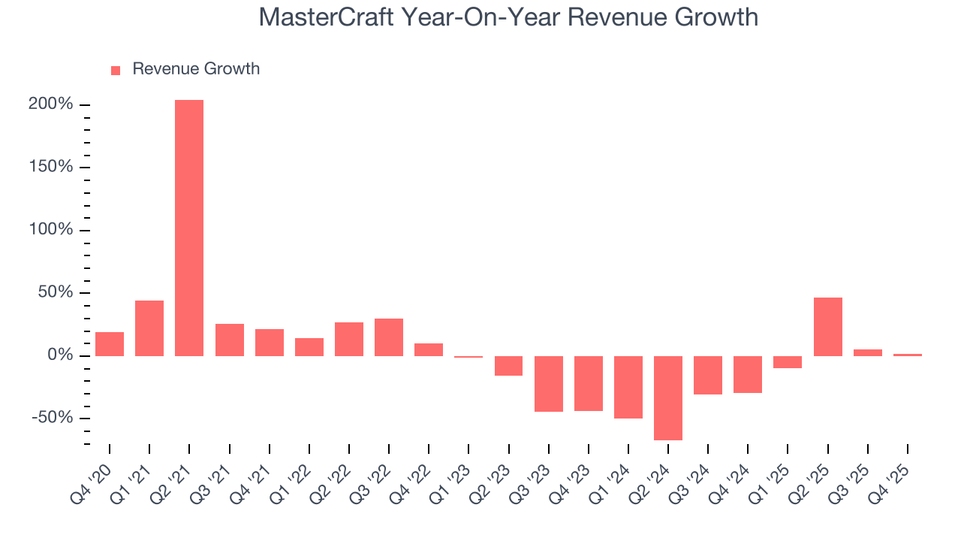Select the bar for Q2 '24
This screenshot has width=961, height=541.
click(668, 397)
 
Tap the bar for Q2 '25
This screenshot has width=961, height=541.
click(828, 326)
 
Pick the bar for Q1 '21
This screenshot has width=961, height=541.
click(149, 328)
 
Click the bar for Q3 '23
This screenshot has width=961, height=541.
click(549, 383)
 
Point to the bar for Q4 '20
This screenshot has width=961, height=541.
click(110, 343)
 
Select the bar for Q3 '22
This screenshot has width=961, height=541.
click(389, 337)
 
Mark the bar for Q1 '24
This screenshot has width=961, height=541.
click(628, 387)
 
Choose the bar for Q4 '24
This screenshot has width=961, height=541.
click(748, 374)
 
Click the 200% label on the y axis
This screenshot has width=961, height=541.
click(50, 104)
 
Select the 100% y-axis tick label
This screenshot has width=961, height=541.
click(51, 229)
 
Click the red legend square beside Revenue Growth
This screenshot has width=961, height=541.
click(116, 70)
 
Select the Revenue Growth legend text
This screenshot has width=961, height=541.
click(196, 69)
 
